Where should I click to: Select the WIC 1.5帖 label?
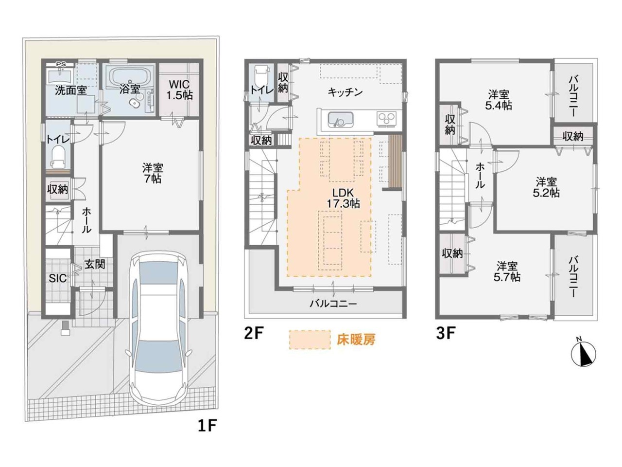(x=179, y=90)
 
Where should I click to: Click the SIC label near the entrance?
(x=58, y=278)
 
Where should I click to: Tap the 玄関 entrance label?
(x=95, y=264)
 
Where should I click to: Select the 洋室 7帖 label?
(x=153, y=174)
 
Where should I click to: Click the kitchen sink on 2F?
(x=341, y=119)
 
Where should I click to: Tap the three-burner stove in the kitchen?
(x=386, y=118)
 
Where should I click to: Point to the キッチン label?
(x=345, y=92)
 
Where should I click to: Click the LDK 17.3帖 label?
(x=343, y=198)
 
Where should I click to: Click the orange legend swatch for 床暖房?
(x=310, y=340)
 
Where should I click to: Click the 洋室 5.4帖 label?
(x=499, y=100)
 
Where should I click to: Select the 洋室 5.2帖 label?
(x=546, y=187)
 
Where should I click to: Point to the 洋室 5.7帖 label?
(x=507, y=271)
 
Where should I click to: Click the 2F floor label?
(x=254, y=333)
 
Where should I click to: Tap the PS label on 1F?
(x=61, y=64)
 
